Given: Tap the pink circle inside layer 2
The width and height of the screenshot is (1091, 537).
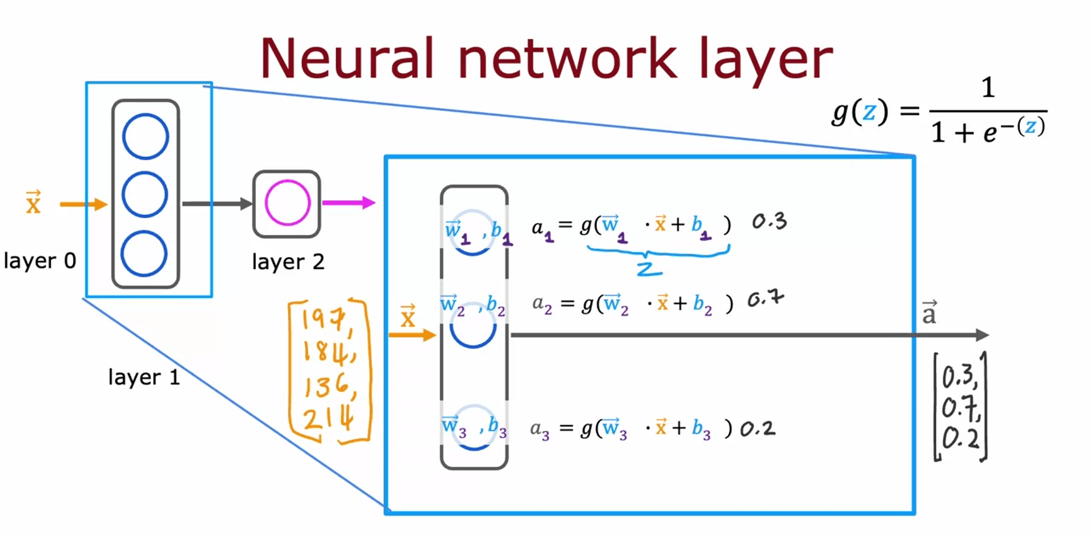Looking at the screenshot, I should pyautogui.click(x=287, y=203).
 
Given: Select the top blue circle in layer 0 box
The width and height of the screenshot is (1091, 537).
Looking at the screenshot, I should pyautogui.click(x=146, y=136).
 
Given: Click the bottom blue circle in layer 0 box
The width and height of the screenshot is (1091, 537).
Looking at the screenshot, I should pyautogui.click(x=144, y=253).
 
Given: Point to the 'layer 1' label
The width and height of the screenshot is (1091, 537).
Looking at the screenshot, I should pyautogui.click(x=144, y=377).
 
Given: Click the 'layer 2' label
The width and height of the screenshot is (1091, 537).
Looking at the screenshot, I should pyautogui.click(x=288, y=262).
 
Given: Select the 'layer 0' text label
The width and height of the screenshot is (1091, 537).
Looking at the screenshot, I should pyautogui.click(x=40, y=261).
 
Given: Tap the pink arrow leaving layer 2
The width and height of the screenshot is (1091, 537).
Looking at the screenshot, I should pyautogui.click(x=349, y=202).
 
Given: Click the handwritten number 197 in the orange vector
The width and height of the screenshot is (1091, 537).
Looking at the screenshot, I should pyautogui.click(x=323, y=319).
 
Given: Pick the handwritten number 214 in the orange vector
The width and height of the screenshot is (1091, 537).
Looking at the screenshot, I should pyautogui.click(x=328, y=419).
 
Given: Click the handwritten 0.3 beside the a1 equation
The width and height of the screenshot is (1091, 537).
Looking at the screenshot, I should pyautogui.click(x=769, y=221).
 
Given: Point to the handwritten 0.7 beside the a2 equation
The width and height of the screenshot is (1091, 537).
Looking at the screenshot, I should pyautogui.click(x=765, y=298).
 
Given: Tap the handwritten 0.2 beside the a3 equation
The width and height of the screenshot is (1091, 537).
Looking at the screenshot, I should pyautogui.click(x=757, y=428).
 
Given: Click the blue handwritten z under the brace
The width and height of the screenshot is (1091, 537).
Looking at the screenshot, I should pyautogui.click(x=649, y=269).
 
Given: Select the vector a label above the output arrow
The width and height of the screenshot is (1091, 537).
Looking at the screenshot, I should pyautogui.click(x=929, y=313).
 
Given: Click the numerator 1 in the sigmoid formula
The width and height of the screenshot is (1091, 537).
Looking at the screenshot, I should pyautogui.click(x=988, y=88).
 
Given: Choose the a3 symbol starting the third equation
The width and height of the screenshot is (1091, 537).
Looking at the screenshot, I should pyautogui.click(x=539, y=429).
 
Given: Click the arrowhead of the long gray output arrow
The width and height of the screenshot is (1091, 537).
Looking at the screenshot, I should pyautogui.click(x=982, y=335).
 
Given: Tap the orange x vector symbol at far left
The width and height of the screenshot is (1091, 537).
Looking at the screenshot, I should pyautogui.click(x=34, y=202).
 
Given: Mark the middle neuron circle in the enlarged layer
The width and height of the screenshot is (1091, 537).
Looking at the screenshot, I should pyautogui.click(x=473, y=328).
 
